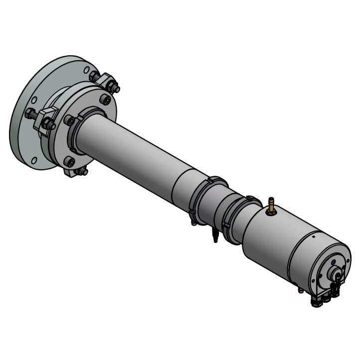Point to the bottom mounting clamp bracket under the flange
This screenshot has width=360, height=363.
point(75,172)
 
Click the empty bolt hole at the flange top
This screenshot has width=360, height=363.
point(87,70)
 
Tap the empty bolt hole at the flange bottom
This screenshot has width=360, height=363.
point(34,160)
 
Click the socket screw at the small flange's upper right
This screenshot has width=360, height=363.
point(105,100)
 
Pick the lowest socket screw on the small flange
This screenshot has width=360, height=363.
point(69,162)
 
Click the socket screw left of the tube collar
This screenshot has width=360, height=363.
point(69,121)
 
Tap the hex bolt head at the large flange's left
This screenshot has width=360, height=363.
point(30,114)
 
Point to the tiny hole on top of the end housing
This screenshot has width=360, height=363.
point(313,237)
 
